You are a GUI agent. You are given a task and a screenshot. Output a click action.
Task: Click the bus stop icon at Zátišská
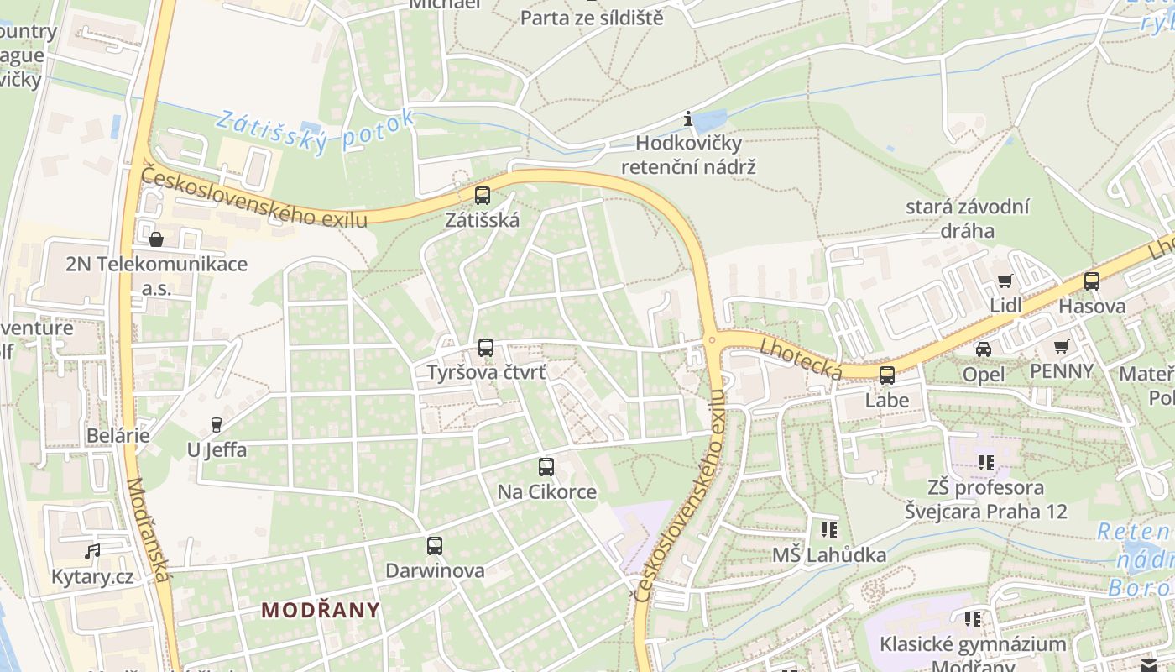[482, 196]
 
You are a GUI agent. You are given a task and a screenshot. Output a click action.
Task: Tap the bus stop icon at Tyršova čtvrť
[485, 347]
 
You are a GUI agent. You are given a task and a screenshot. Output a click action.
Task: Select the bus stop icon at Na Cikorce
[546, 467]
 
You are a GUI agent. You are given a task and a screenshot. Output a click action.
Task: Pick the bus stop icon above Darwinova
[434, 546]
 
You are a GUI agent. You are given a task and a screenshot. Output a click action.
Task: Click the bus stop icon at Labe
[886, 375]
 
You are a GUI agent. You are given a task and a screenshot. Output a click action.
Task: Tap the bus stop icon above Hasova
[1091, 281]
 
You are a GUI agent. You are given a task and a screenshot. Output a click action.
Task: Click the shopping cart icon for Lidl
[1004, 281]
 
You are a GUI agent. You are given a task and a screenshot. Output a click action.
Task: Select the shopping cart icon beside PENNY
[1061, 346]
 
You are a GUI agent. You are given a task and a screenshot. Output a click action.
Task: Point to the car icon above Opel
[983, 349]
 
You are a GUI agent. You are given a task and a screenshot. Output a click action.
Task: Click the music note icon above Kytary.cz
[92, 552]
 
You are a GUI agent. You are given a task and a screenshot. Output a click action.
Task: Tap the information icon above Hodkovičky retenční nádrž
[688, 118]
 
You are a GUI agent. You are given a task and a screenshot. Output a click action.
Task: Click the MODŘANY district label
[320, 610]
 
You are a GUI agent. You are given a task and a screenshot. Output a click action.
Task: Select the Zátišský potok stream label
[315, 131]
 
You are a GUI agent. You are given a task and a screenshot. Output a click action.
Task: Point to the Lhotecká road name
[801, 359]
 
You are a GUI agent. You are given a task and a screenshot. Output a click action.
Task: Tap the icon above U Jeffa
[217, 425]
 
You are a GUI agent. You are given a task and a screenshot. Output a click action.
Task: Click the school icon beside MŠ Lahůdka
[828, 529]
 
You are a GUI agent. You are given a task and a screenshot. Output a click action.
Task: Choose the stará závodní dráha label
[967, 218]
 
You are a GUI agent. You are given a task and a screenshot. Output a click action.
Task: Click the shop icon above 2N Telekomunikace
[156, 240]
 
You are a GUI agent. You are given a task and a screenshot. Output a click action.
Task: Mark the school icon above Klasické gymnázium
[972, 619]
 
